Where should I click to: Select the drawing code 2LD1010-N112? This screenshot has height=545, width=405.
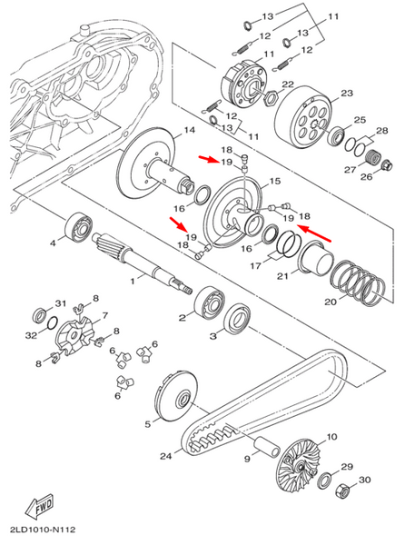coord(43,530)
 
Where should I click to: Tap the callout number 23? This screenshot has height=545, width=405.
coord(347,94)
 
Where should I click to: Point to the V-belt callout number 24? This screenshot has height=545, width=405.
coord(166,456)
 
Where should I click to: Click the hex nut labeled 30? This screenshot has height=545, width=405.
coord(342,490)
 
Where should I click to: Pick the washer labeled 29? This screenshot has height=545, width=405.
coord(325,481)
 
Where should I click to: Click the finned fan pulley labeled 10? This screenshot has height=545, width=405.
coord(300,463)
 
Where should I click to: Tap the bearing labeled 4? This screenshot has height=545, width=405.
coord(78,227)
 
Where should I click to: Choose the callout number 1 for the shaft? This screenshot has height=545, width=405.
coord(133,281)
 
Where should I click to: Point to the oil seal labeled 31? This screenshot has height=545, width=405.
coord(40,314)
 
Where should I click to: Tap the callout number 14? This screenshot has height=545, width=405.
coord(189,130)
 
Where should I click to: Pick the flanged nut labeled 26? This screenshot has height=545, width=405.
coord(387,165)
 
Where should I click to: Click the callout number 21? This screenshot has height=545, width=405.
coord(282,276)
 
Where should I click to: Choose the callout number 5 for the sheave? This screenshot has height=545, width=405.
coord(148,424)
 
